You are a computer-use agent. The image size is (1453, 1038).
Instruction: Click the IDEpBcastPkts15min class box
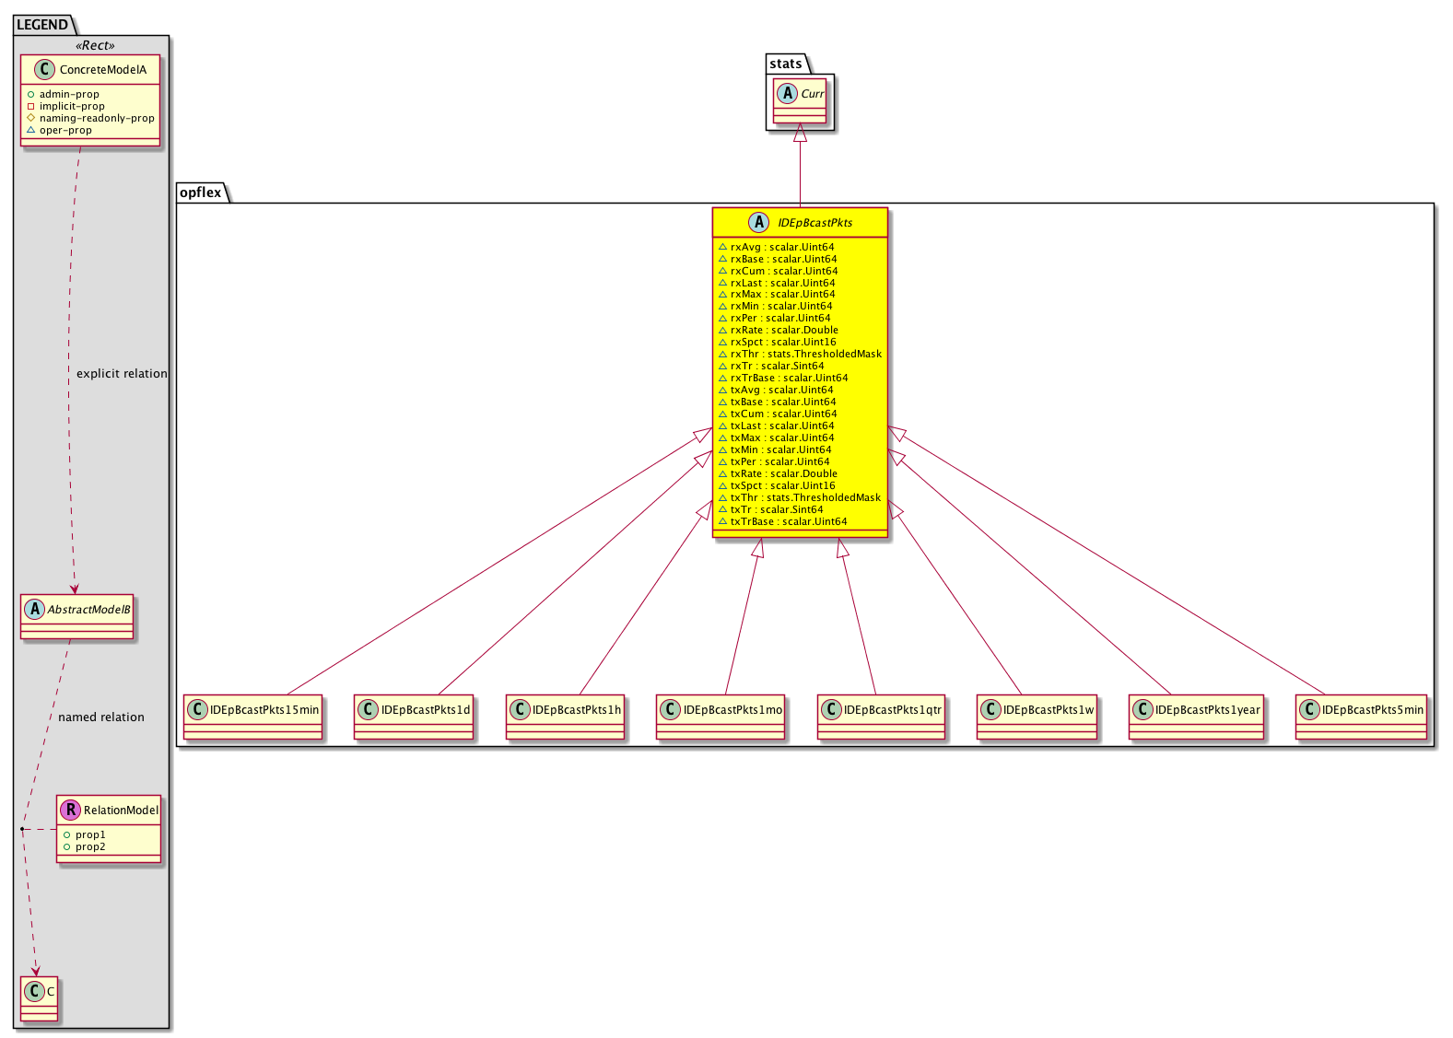click(x=253, y=717)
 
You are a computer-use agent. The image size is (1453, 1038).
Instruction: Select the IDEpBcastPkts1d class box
click(x=414, y=717)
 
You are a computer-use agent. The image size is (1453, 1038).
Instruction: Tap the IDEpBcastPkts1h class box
click(x=566, y=717)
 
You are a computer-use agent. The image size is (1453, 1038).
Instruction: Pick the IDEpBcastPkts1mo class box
click(x=721, y=717)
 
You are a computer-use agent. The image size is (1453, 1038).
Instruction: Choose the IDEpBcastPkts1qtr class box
click(x=882, y=717)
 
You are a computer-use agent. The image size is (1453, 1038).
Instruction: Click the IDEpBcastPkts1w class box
click(x=1037, y=717)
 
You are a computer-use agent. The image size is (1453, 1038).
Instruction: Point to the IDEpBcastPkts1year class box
click(x=1197, y=717)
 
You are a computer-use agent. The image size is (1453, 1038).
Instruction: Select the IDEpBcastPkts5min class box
click(x=1362, y=717)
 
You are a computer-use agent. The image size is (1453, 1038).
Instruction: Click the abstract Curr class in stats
click(x=801, y=101)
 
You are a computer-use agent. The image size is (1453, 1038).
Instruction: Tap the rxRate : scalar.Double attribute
click(x=779, y=330)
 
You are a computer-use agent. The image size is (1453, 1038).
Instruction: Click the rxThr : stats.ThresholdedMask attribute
click(x=801, y=354)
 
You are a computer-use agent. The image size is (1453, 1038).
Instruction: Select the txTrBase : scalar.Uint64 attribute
click(x=783, y=522)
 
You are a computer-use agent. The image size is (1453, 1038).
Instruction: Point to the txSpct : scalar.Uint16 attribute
click(x=777, y=485)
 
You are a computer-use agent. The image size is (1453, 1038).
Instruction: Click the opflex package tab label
click(x=201, y=192)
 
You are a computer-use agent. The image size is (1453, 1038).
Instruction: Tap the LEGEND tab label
click(x=42, y=25)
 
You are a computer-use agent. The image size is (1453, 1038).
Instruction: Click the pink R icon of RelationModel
click(x=70, y=810)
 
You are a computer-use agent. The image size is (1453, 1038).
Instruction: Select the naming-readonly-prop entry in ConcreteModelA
click(x=91, y=118)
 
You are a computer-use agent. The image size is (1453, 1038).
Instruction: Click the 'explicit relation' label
click(x=122, y=374)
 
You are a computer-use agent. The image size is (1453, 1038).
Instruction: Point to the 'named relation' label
click(x=101, y=717)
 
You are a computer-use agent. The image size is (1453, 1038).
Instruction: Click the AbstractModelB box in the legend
click(x=77, y=617)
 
